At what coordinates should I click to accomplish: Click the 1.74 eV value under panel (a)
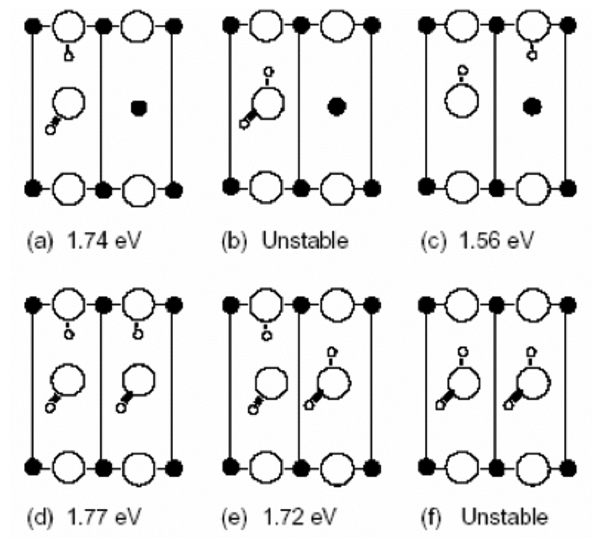click(x=104, y=240)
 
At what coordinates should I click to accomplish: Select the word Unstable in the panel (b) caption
click(x=305, y=240)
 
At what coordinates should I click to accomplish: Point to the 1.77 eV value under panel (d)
click(x=104, y=516)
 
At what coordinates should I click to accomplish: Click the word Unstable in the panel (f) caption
click(x=504, y=516)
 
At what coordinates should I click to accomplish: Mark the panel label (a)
click(x=39, y=241)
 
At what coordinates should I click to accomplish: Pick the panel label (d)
click(x=39, y=517)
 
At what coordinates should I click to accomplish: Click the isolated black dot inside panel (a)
click(x=139, y=108)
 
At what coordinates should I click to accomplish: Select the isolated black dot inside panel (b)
click(x=336, y=107)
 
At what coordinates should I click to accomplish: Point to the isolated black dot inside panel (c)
click(x=532, y=107)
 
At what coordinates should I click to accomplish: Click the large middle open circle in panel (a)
click(x=69, y=103)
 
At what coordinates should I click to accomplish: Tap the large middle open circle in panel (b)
click(x=268, y=103)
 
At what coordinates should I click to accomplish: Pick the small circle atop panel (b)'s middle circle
click(x=269, y=71)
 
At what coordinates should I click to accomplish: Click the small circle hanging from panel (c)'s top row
click(x=531, y=55)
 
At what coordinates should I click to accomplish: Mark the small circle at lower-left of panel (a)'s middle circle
click(x=50, y=130)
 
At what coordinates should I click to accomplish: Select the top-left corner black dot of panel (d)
click(x=33, y=305)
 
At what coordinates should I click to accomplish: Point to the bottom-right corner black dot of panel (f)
click(x=568, y=468)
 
